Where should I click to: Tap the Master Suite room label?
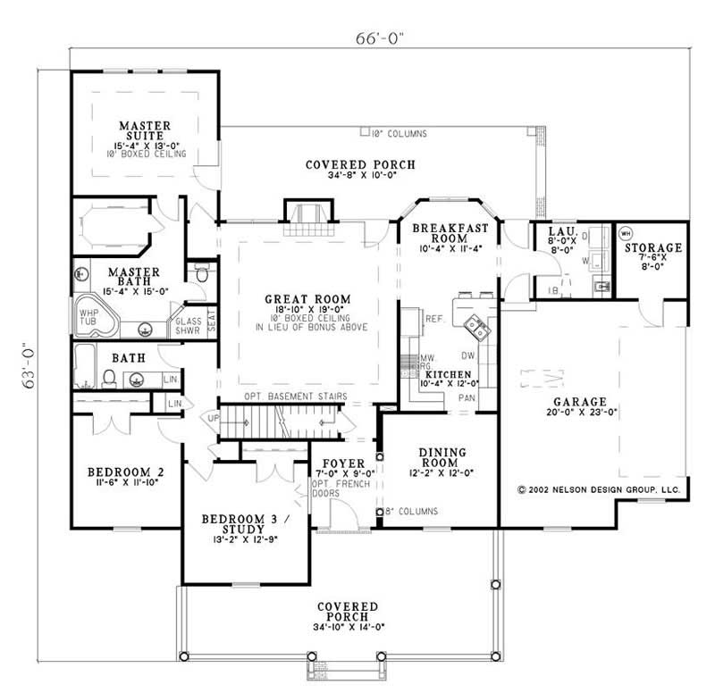coord(145,130)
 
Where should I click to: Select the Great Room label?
coord(307,300)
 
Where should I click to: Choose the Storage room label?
coord(653,247)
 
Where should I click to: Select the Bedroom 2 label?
coord(124,472)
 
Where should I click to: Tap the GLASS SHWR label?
coord(189,324)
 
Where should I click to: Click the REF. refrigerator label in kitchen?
coord(435,318)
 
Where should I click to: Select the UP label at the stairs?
coord(212,417)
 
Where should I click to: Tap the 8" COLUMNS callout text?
coord(409,512)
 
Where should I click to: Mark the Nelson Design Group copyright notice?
coord(599,490)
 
